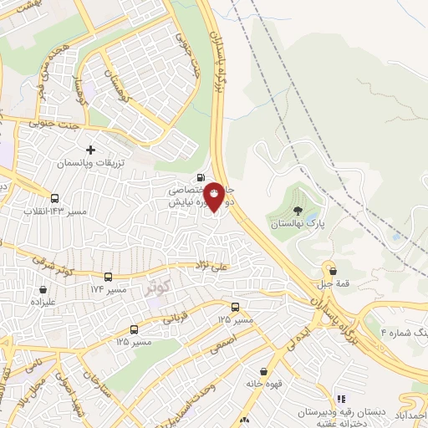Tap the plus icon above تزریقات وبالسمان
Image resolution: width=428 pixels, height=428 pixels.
pyautogui.click(x=90, y=150)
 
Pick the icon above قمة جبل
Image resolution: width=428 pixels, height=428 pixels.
pyautogui.click(x=333, y=271)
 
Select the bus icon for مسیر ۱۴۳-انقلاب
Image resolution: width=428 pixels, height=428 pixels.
pyautogui.click(x=55, y=198)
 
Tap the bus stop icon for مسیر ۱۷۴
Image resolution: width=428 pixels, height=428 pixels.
pyautogui.click(x=108, y=277)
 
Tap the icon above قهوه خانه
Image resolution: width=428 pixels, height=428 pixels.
pyautogui.click(x=263, y=372)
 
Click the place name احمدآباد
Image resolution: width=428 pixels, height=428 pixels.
pyautogui.click(x=411, y=414)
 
